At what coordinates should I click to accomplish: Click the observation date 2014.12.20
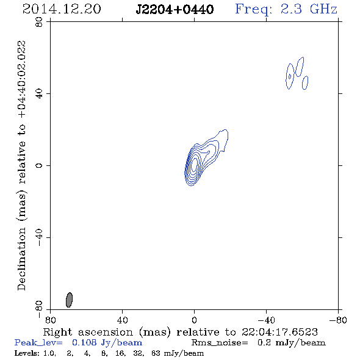[62, 9]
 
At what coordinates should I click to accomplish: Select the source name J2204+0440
[175, 9]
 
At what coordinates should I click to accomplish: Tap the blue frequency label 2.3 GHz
[309, 9]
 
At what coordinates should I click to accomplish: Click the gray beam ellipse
[69, 300]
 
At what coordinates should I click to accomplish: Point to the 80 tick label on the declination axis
[39, 22]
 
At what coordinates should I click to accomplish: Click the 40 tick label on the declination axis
[39, 94]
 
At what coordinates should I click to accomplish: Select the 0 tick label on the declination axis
[39, 165]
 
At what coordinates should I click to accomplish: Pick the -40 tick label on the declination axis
[39, 237]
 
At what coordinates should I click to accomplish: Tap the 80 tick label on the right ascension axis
[51, 320]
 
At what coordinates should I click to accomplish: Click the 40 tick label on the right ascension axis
[123, 320]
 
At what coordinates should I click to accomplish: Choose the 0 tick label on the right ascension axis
[194, 320]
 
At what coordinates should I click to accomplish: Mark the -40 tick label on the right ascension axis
[266, 320]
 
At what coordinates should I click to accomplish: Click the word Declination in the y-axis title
[21, 259]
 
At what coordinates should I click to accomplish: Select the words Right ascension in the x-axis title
[88, 332]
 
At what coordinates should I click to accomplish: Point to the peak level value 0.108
[84, 342]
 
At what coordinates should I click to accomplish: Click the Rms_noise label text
[220, 343]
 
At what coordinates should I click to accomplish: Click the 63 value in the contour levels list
[156, 353]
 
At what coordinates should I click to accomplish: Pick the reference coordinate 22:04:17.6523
[279, 332]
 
